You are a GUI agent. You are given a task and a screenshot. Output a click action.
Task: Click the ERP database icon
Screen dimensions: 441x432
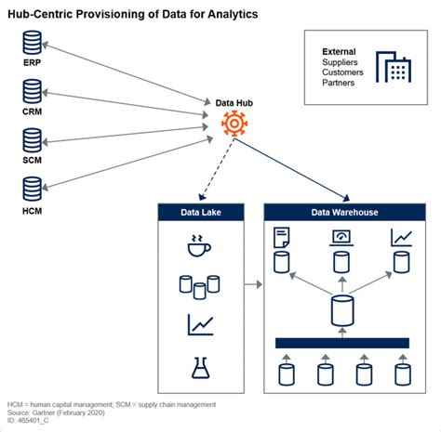(x=32, y=43)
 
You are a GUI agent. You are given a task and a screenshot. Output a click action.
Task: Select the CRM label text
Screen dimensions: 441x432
(x=32, y=111)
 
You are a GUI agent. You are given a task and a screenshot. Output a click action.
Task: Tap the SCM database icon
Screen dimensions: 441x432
(x=32, y=140)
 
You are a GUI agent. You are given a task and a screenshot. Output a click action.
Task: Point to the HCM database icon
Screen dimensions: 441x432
(x=32, y=189)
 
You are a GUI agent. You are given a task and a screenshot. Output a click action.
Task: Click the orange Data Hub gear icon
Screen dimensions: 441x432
(x=234, y=124)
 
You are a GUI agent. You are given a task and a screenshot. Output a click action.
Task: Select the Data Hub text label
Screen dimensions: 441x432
(x=234, y=103)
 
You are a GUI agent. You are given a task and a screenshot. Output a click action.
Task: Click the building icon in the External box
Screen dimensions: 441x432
(x=394, y=67)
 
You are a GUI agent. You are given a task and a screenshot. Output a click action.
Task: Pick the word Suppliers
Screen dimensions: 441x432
(x=340, y=62)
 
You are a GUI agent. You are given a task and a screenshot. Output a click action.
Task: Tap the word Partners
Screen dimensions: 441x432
(x=338, y=83)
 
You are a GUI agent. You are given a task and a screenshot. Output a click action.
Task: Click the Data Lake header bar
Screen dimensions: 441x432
(x=201, y=212)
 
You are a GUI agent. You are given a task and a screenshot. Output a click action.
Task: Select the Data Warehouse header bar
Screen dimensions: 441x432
(x=344, y=212)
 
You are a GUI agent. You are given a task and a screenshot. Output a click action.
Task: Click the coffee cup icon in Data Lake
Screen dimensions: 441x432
(x=199, y=245)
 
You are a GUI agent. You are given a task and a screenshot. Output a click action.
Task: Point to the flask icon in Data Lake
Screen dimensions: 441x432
(x=201, y=368)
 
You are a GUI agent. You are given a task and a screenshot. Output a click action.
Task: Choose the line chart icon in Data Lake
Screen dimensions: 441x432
(x=200, y=324)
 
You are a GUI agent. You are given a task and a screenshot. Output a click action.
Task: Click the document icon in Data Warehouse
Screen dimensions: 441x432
(x=282, y=238)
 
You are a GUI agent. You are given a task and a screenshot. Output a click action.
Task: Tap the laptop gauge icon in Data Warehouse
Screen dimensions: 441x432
(x=341, y=238)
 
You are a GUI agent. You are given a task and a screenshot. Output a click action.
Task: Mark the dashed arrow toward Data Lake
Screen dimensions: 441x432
(x=217, y=169)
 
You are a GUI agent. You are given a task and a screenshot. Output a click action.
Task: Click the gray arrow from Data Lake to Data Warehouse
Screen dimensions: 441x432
(x=253, y=284)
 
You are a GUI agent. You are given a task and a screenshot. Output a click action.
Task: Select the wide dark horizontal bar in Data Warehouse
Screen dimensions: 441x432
(x=342, y=343)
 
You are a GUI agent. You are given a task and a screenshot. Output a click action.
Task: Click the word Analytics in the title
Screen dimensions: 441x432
(x=233, y=14)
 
